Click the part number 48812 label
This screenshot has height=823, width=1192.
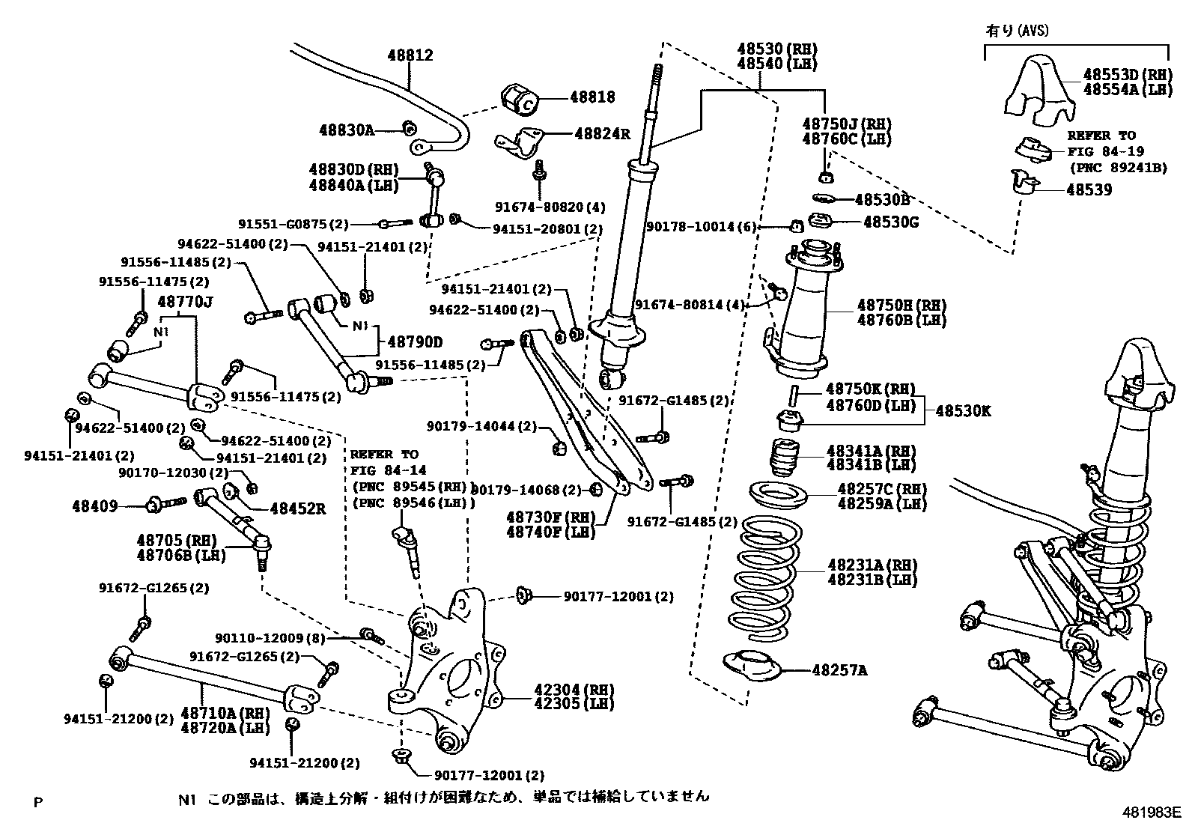tap(410, 55)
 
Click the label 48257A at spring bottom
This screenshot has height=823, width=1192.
tap(839, 670)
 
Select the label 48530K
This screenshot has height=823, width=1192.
tap(963, 411)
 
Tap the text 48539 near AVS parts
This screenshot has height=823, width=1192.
tap(1089, 190)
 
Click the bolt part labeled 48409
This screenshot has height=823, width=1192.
tap(155, 505)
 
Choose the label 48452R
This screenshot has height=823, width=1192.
tap(297, 508)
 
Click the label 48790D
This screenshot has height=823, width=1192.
tap(414, 342)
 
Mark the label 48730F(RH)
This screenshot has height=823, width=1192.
tap(550, 517)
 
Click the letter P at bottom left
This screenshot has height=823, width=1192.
tap(38, 803)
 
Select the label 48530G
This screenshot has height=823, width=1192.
tap(890, 222)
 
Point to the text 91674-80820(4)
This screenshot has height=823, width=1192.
tap(550, 207)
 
